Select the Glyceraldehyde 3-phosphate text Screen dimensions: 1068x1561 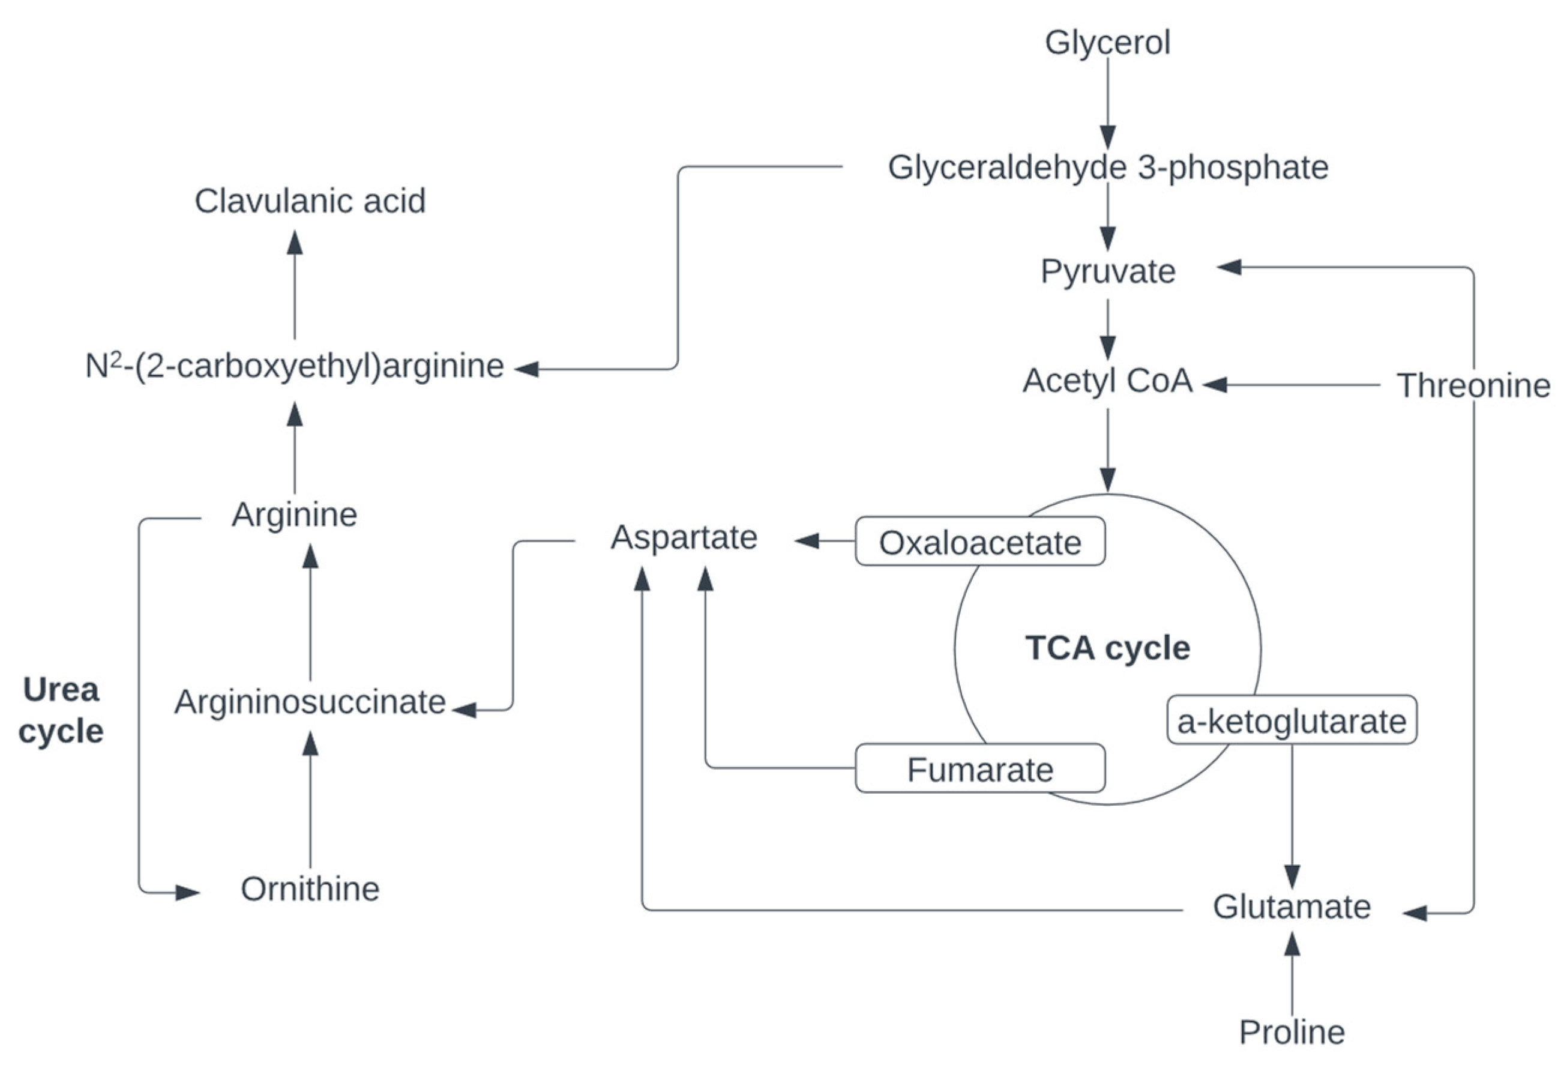pos(1108,167)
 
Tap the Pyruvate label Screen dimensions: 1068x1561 pos(1108,272)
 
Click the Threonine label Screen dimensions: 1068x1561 pos(1474,386)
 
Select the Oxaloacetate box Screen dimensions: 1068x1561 pos(980,542)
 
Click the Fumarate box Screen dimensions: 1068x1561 pos(980,769)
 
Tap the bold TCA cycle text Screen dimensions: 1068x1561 pos(1108,648)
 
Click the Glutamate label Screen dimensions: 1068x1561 pos(1292,907)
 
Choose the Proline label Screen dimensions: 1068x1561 pos(1292,1032)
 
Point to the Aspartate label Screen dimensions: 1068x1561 pos(684,537)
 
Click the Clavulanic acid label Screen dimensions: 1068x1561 pos(310,201)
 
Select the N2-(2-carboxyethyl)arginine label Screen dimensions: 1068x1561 pos(294,367)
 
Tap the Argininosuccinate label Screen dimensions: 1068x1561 pos(310,702)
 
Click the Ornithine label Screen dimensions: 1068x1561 pos(310,889)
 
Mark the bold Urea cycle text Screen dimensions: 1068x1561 pos(61,710)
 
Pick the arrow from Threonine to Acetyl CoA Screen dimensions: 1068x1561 pos(1290,385)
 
